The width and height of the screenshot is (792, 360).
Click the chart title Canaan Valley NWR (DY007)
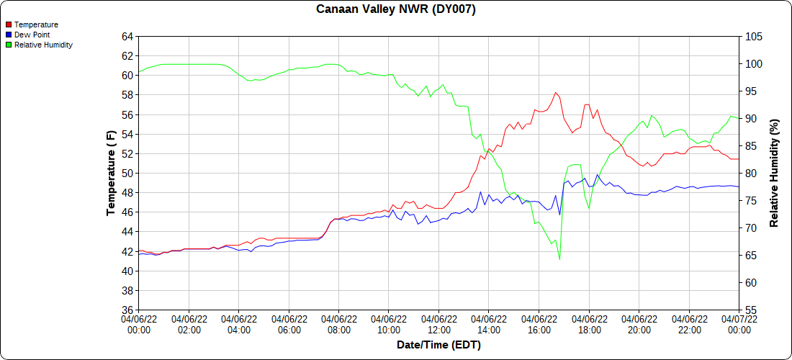pyautogui.click(x=396, y=9)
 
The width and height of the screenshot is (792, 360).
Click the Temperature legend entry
pyautogui.click(x=36, y=24)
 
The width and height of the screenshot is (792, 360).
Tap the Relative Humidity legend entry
pyautogui.click(x=43, y=45)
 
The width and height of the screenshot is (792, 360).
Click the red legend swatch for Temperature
pyautogui.click(x=8, y=24)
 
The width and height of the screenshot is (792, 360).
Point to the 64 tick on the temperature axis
pyautogui.click(x=127, y=36)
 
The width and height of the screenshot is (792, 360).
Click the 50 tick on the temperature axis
pyautogui.click(x=127, y=174)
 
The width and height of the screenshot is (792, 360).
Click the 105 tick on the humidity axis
pyautogui.click(x=754, y=36)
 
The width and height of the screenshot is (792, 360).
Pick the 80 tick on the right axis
pyautogui.click(x=751, y=174)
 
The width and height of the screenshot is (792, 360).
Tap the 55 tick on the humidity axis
pyautogui.click(x=751, y=310)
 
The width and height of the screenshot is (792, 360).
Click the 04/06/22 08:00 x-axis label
pyautogui.click(x=339, y=325)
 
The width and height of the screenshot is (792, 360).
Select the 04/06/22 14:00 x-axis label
pyautogui.click(x=489, y=325)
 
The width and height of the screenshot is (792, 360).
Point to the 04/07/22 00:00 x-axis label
pyautogui.click(x=739, y=325)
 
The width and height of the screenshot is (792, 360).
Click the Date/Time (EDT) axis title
pyautogui.click(x=438, y=345)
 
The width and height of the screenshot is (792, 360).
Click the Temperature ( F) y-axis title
pyautogui.click(x=111, y=173)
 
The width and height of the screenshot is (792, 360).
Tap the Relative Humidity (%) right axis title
pyautogui.click(x=775, y=173)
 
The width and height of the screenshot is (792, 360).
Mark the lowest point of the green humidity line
pyautogui.click(x=559, y=259)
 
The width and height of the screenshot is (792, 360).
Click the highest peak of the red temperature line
pyautogui.click(x=555, y=92)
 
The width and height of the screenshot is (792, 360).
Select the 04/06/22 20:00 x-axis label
pyautogui.click(x=639, y=325)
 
